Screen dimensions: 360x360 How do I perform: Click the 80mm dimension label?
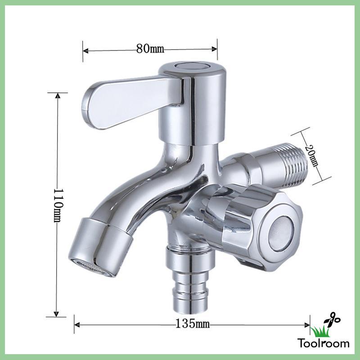tap(150, 49)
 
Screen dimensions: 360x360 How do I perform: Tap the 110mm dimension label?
tap(58, 206)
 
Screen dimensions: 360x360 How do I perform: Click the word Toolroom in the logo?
tap(324, 343)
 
